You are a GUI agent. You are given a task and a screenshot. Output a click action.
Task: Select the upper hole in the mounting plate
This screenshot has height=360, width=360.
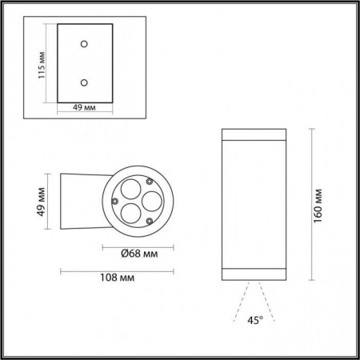[84, 44]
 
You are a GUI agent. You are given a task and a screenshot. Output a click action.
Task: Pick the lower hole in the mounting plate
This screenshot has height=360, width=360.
[84, 82]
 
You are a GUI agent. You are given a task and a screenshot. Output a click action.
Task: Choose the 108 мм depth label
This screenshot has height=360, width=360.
[116, 278]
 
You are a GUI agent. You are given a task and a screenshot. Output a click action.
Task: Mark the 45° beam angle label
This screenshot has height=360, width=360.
[254, 321]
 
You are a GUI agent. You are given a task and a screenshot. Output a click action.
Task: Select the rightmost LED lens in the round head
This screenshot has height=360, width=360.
[147, 201]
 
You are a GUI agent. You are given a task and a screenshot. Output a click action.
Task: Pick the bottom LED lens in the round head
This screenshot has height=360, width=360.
[129, 213]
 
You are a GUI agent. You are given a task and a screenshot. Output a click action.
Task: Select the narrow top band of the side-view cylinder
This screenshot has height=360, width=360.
[254, 133]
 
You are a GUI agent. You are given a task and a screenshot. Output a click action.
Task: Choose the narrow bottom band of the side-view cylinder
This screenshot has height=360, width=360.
[254, 274]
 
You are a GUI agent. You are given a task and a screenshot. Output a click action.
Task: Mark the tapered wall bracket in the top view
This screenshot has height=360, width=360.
[80, 201]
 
